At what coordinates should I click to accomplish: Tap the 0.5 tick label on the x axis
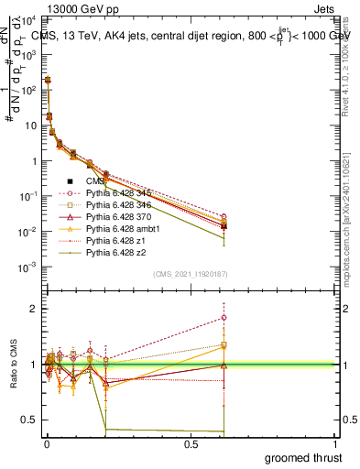tap(191, 444)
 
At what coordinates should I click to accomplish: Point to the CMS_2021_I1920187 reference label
tap(190, 275)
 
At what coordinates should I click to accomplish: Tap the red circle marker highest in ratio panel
tap(224, 318)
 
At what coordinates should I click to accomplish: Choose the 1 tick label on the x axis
tap(335, 444)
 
